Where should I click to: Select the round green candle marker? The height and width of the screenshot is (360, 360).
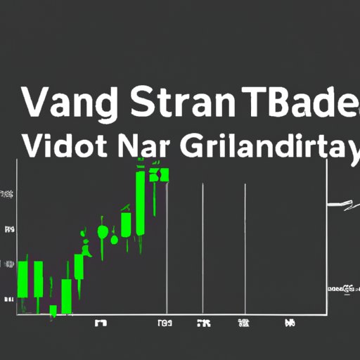(x=103, y=231)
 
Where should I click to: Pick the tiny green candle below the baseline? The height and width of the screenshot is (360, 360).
(x=53, y=310)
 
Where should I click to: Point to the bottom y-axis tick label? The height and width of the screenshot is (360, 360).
(x=9, y=300)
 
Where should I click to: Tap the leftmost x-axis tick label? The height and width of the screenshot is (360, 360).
(x=101, y=324)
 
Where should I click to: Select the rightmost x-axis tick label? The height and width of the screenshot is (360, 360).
(x=289, y=324)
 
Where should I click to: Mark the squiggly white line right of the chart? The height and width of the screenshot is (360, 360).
(x=342, y=205)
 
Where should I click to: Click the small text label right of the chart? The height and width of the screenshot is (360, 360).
(x=341, y=289)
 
